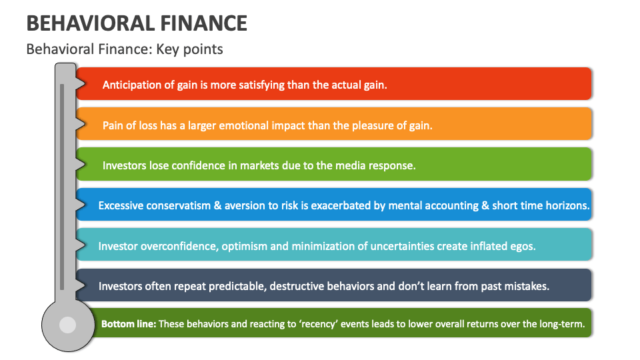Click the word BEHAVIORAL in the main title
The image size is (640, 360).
pos(81,23)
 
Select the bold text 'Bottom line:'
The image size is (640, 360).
pos(129,325)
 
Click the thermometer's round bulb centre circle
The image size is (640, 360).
pos(67,325)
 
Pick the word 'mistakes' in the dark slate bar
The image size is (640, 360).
pos(526,286)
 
